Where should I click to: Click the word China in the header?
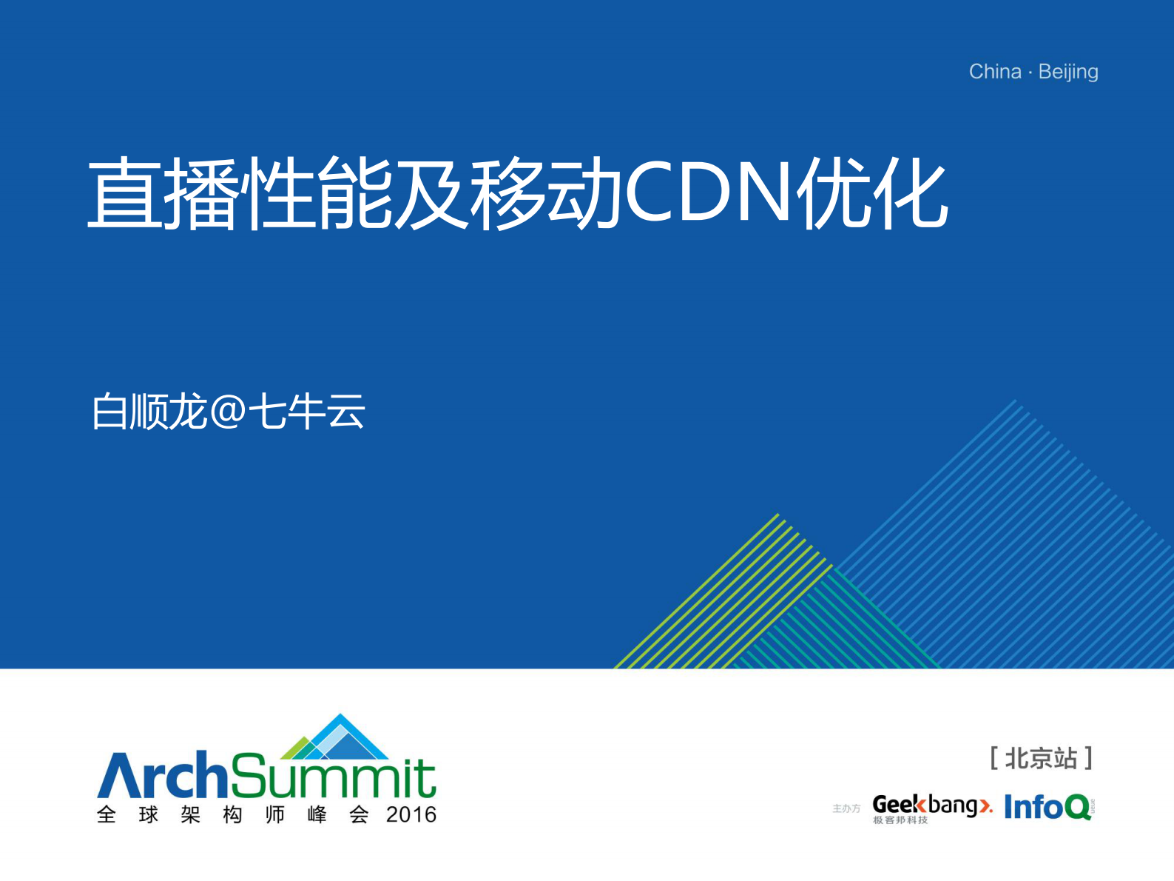pos(995,72)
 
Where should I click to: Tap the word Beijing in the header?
pos(1068,72)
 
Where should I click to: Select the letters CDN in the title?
pos(709,193)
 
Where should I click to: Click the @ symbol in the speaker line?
pos(228,412)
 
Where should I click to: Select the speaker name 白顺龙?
pos(149,412)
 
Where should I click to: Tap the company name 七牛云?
pos(306,412)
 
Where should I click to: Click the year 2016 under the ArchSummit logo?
pos(411,815)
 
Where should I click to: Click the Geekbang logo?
pos(931,805)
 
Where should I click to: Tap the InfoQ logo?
pos(1048,807)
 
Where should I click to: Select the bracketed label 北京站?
pos(1041,758)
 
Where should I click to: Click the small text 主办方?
pos(846,808)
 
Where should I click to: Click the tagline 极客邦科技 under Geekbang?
pos(900,820)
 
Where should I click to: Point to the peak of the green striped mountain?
pos(778,516)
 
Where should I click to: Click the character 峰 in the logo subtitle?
pos(317,815)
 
